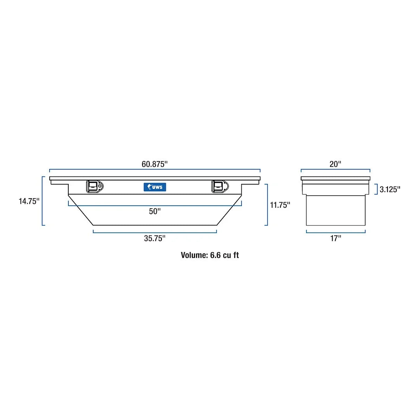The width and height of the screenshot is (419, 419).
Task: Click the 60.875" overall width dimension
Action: click(x=154, y=164)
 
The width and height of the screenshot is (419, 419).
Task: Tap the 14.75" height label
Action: click(x=29, y=201)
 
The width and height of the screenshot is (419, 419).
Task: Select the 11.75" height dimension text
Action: click(x=280, y=205)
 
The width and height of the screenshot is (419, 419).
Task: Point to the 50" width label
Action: click(x=154, y=211)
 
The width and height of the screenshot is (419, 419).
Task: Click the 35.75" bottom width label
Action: click(x=155, y=239)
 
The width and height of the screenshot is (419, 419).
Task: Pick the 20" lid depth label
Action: click(x=335, y=164)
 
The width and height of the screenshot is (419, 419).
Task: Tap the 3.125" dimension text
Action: click(x=390, y=189)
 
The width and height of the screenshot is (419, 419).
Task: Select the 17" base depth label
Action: click(x=336, y=239)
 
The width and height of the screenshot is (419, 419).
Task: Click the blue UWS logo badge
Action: click(x=155, y=187)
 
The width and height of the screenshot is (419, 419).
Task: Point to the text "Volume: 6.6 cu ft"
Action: click(x=210, y=255)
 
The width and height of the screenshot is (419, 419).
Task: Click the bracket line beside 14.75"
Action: click(x=43, y=201)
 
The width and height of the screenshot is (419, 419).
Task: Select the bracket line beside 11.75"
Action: click(x=267, y=205)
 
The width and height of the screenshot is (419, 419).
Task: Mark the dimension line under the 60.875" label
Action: click(x=154, y=170)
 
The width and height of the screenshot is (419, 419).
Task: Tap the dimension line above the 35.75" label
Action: click(x=155, y=232)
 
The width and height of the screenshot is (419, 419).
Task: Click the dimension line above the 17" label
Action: click(x=336, y=232)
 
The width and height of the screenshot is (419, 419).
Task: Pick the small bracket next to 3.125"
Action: click(x=377, y=189)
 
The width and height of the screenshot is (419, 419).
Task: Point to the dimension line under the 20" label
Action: click(x=336, y=170)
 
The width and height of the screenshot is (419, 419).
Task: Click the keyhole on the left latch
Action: click(x=100, y=187)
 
